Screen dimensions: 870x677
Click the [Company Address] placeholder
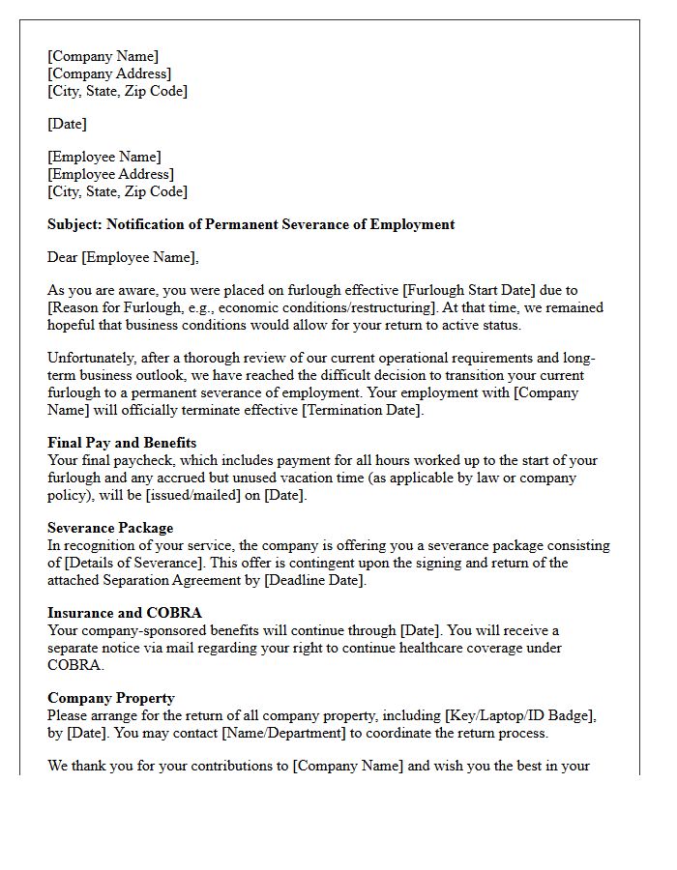pos(109,73)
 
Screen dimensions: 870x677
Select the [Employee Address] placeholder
pos(111,174)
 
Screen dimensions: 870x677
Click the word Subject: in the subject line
pos(75,224)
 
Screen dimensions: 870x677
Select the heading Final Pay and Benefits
pos(122,443)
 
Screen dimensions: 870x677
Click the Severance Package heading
pos(110,528)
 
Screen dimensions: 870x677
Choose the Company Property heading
pos(111,698)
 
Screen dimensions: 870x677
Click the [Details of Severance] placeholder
pos(131,563)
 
